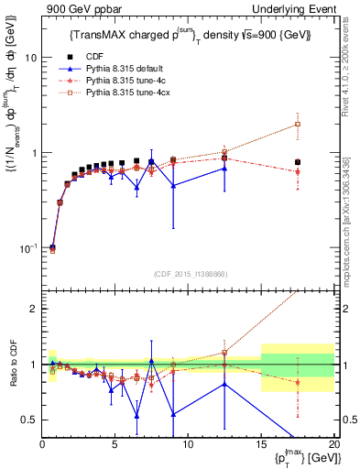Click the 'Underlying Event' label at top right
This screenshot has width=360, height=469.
coord(293,8)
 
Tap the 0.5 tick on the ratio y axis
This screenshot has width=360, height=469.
coord(29,420)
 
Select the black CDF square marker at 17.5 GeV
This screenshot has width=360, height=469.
coord(298,162)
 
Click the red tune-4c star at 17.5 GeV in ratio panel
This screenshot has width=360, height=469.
coord(298,382)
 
